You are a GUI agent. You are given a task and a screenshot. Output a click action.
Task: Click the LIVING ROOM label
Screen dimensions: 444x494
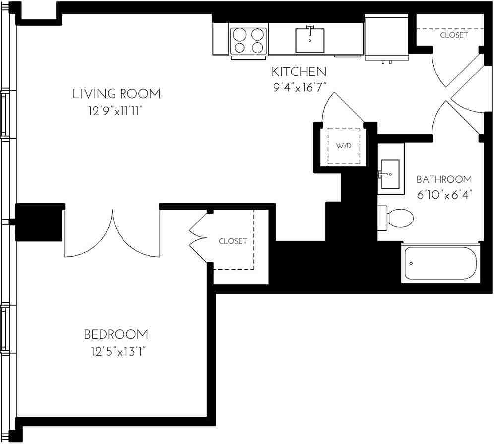click(x=117, y=93)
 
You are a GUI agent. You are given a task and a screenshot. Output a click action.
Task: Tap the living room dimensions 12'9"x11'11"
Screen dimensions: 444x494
click(x=117, y=111)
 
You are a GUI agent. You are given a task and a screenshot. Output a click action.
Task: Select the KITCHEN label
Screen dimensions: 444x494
click(x=298, y=72)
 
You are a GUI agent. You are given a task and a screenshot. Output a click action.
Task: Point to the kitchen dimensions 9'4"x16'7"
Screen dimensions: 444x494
click(x=298, y=88)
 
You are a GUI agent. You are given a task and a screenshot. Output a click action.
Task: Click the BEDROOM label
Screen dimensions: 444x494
click(x=116, y=334)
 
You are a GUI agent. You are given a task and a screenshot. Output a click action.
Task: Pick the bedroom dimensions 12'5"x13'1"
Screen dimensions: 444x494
click(x=116, y=352)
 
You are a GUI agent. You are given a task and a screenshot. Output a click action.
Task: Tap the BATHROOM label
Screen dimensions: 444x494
click(x=443, y=179)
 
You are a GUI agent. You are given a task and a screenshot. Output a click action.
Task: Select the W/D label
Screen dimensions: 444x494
click(x=343, y=146)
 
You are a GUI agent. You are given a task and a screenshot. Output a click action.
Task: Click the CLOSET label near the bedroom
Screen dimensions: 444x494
click(x=233, y=241)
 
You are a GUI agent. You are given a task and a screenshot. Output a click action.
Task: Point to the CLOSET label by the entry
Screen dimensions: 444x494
click(x=453, y=35)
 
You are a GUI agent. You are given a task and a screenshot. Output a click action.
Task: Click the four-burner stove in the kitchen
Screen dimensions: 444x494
click(x=248, y=41)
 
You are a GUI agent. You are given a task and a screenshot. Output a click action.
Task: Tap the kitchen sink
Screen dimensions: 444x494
click(x=310, y=40)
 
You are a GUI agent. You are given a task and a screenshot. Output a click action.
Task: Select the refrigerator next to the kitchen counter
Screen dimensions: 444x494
click(x=386, y=38)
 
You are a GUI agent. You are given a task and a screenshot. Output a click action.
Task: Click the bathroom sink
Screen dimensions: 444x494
click(x=390, y=175)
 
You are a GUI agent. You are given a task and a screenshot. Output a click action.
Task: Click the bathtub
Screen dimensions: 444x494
click(x=440, y=263)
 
